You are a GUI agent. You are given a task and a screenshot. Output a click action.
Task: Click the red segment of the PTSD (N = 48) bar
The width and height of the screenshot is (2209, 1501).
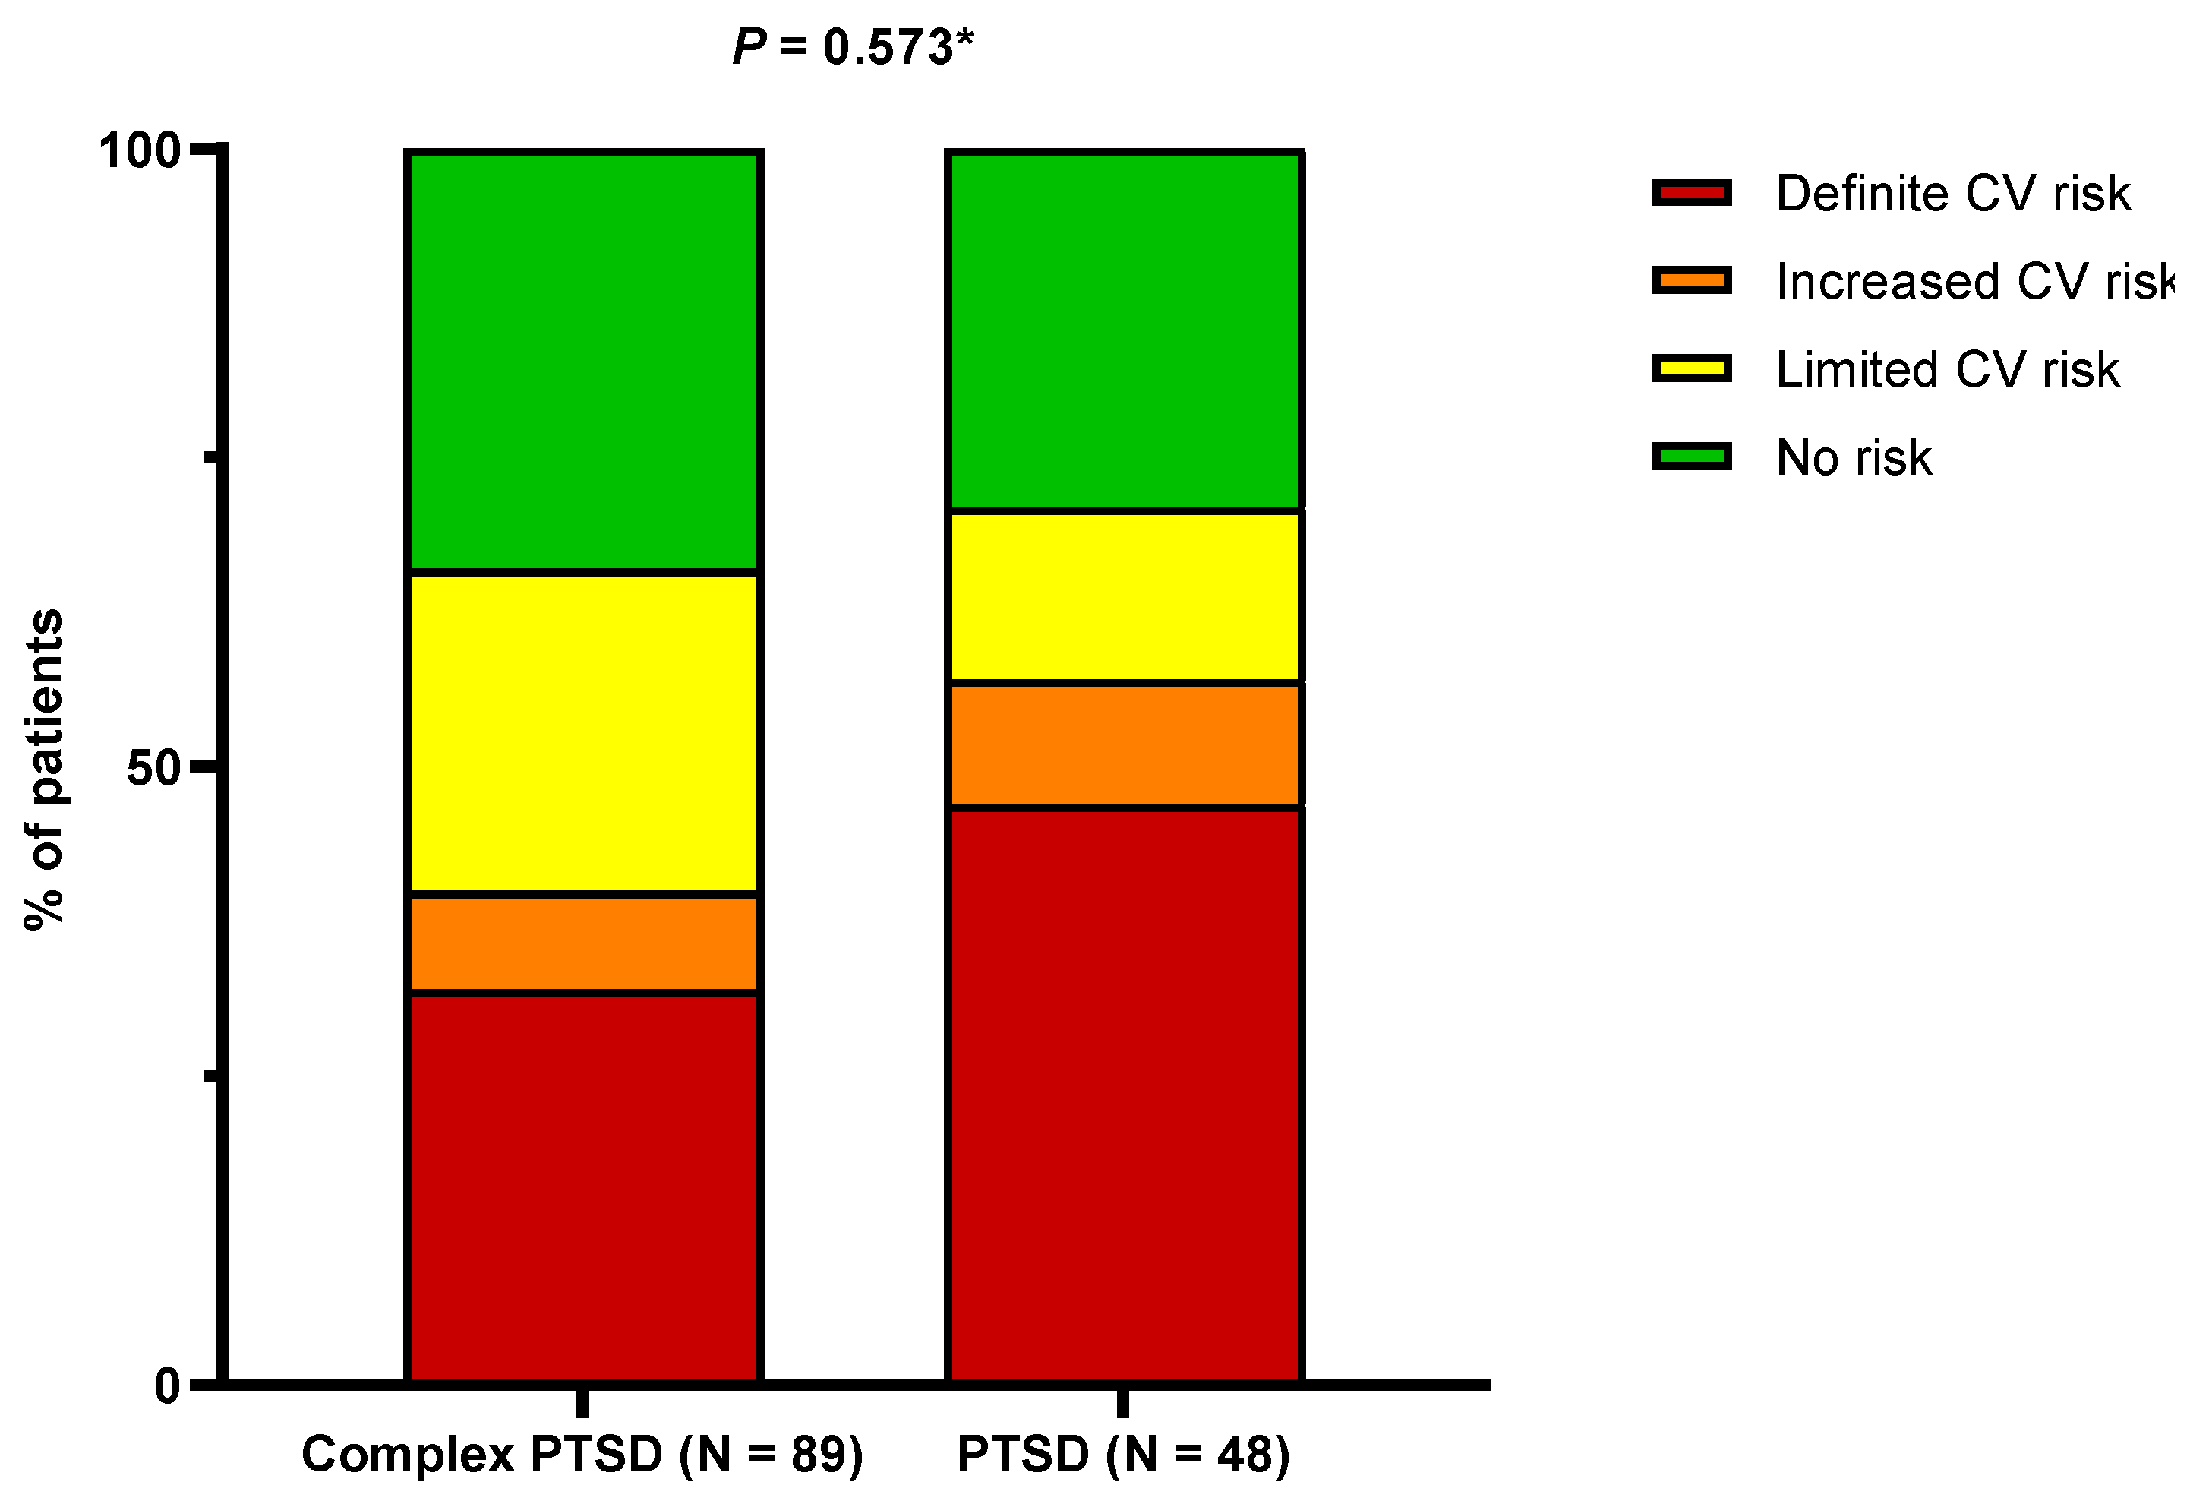tap(1125, 1093)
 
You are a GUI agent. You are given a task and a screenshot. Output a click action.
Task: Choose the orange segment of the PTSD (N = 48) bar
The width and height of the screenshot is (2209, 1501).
tap(1125, 745)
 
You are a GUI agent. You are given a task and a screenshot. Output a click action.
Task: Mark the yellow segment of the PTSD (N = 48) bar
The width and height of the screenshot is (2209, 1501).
tap(1125, 597)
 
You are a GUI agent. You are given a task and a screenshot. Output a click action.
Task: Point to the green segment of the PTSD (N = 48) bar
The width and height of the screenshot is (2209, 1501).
tap(1125, 330)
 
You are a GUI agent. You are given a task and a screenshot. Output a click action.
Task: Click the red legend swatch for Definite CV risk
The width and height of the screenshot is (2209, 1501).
tap(1691, 193)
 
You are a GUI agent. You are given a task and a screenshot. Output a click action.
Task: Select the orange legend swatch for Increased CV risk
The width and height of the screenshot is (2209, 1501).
tap(1691, 280)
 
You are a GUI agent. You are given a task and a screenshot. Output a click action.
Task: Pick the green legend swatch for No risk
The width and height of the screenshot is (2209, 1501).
tap(1691, 457)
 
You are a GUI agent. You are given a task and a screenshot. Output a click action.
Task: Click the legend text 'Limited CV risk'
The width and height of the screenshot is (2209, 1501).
tap(1947, 370)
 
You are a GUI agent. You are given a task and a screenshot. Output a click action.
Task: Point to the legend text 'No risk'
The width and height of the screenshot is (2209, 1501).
tap(1854, 458)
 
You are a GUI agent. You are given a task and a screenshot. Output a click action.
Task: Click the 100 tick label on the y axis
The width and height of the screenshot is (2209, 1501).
tap(140, 151)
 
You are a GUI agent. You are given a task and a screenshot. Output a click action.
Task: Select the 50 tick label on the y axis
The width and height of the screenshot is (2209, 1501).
tap(153, 768)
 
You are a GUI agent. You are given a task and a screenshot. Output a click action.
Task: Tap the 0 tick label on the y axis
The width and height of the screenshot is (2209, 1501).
tap(167, 1387)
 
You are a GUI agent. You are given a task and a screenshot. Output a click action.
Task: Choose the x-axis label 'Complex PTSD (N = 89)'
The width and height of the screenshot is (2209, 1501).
tap(582, 1455)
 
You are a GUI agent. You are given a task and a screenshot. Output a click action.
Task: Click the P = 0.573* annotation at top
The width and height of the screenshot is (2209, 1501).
tap(853, 48)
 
